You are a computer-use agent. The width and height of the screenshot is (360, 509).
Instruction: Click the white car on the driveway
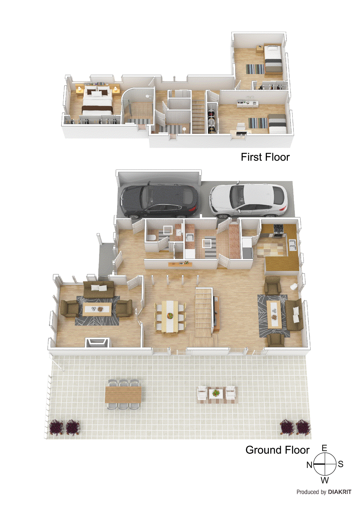pyautogui.click(x=248, y=200)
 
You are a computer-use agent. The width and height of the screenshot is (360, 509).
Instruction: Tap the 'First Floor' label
pyautogui.click(x=265, y=157)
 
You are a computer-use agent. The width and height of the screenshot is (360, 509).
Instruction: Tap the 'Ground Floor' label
pyautogui.click(x=278, y=450)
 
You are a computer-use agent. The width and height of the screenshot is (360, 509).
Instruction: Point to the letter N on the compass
pyautogui.click(x=309, y=465)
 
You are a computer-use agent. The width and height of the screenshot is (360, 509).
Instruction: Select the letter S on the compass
pyautogui.click(x=341, y=464)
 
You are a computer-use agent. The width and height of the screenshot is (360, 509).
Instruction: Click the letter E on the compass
pyautogui.click(x=324, y=448)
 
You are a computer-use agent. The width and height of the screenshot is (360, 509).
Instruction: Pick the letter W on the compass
pyautogui.click(x=325, y=480)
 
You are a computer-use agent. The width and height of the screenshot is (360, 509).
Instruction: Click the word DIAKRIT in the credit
pyautogui.click(x=340, y=492)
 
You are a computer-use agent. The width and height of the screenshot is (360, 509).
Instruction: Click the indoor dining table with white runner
pyautogui.click(x=170, y=317)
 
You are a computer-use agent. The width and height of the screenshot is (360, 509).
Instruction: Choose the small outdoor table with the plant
pyautogui.click(x=216, y=393)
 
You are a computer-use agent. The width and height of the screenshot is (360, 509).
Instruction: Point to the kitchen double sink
pyautogui.click(x=292, y=245)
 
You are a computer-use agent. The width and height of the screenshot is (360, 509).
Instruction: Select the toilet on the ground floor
pyautogui.click(x=151, y=237)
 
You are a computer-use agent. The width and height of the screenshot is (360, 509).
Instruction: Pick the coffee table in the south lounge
pyautogui.click(x=274, y=315)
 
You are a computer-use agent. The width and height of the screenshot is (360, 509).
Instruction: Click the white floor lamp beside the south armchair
pyautogui.click(x=293, y=286)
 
